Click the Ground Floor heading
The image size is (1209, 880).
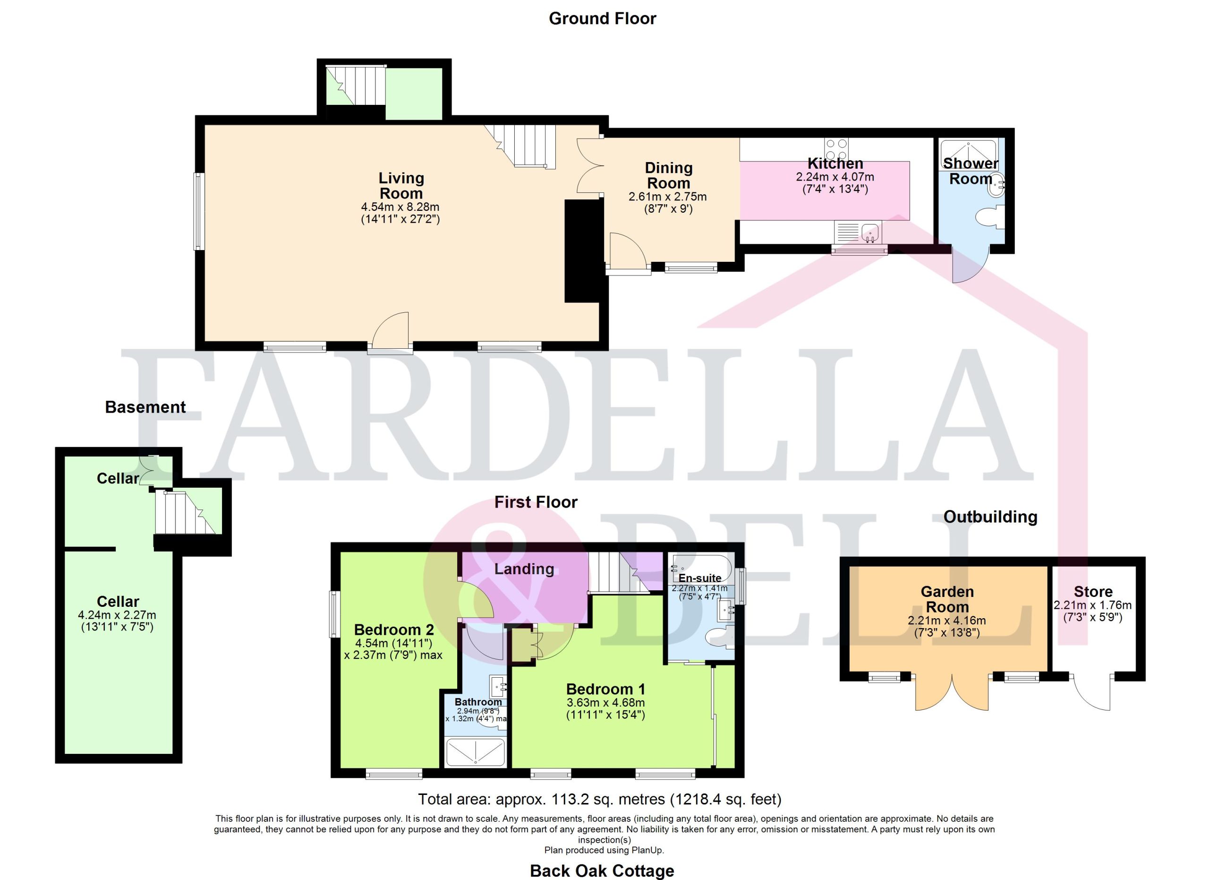point(602,18)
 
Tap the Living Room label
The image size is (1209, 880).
point(401,186)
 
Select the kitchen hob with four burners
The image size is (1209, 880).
point(836,149)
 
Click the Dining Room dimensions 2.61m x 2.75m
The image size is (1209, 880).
point(667,197)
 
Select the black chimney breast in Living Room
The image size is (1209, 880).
point(583,250)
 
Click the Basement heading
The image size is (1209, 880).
point(145,407)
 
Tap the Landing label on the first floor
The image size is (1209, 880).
point(524,569)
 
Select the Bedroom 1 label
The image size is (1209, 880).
point(605,689)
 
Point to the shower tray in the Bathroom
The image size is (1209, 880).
point(475,752)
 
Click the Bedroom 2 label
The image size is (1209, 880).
point(394,630)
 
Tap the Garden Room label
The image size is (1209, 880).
point(947,599)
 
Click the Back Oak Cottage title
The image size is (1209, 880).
point(602,871)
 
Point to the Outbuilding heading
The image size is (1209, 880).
point(990,517)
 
